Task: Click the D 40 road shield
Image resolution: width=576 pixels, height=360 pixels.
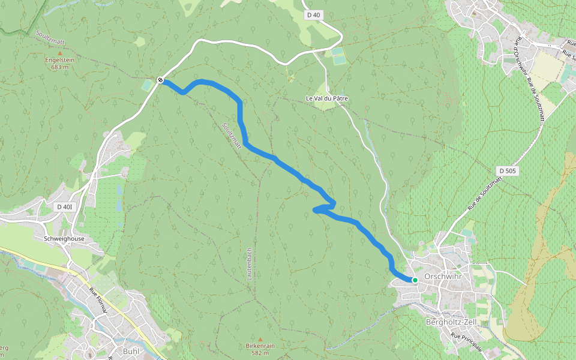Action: pyautogui.click(x=313, y=14)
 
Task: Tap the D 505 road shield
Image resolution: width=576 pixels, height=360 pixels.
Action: pyautogui.click(x=507, y=171)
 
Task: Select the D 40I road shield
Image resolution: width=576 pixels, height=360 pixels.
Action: pyautogui.click(x=65, y=207)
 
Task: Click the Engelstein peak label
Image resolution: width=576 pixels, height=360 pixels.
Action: pyautogui.click(x=59, y=60)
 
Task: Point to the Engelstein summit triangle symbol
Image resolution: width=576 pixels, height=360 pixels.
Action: pyautogui.click(x=59, y=53)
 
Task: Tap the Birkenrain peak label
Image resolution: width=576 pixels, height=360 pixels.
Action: pyautogui.click(x=260, y=346)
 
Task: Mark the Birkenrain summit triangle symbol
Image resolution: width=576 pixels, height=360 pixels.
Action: pyautogui.click(x=260, y=339)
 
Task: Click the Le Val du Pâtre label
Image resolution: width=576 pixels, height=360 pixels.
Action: pyautogui.click(x=327, y=98)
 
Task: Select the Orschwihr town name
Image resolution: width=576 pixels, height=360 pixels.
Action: pyautogui.click(x=441, y=277)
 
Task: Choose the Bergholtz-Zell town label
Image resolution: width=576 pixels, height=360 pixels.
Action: pyautogui.click(x=450, y=322)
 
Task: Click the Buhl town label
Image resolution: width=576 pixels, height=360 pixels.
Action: pyautogui.click(x=130, y=351)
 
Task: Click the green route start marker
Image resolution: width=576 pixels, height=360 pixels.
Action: pyautogui.click(x=415, y=280)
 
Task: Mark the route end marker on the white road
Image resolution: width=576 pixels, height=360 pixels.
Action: pyautogui.click(x=160, y=80)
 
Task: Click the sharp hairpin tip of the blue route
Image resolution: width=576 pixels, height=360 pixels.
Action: pyautogui.click(x=314, y=209)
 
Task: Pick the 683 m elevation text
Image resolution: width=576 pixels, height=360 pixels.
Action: pyautogui.click(x=59, y=67)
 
